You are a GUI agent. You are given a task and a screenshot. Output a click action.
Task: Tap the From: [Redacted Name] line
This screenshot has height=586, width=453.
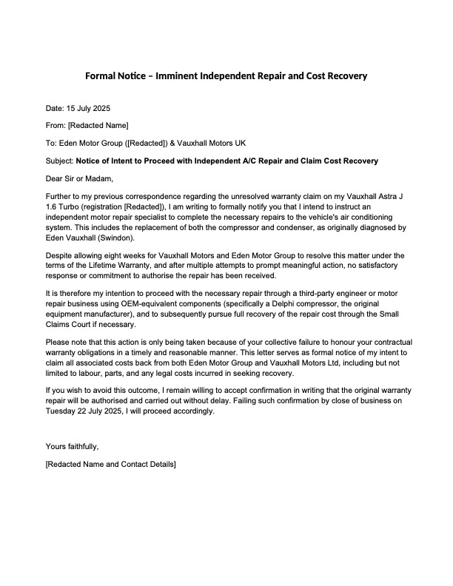tap(87, 126)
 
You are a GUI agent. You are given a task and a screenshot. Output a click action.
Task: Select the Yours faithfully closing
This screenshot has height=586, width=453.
tap(72, 447)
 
